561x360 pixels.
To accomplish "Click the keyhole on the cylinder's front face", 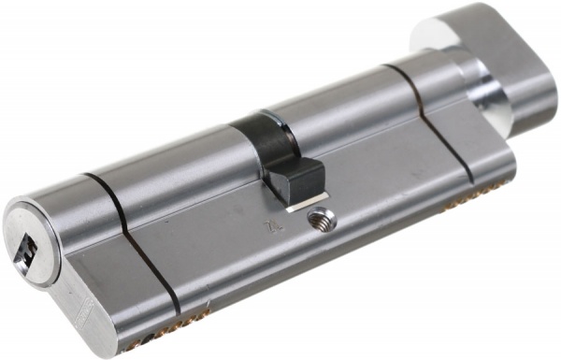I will pyautogui.click(x=25, y=248).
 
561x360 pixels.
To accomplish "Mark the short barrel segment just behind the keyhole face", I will pyautogui.click(x=70, y=201).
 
